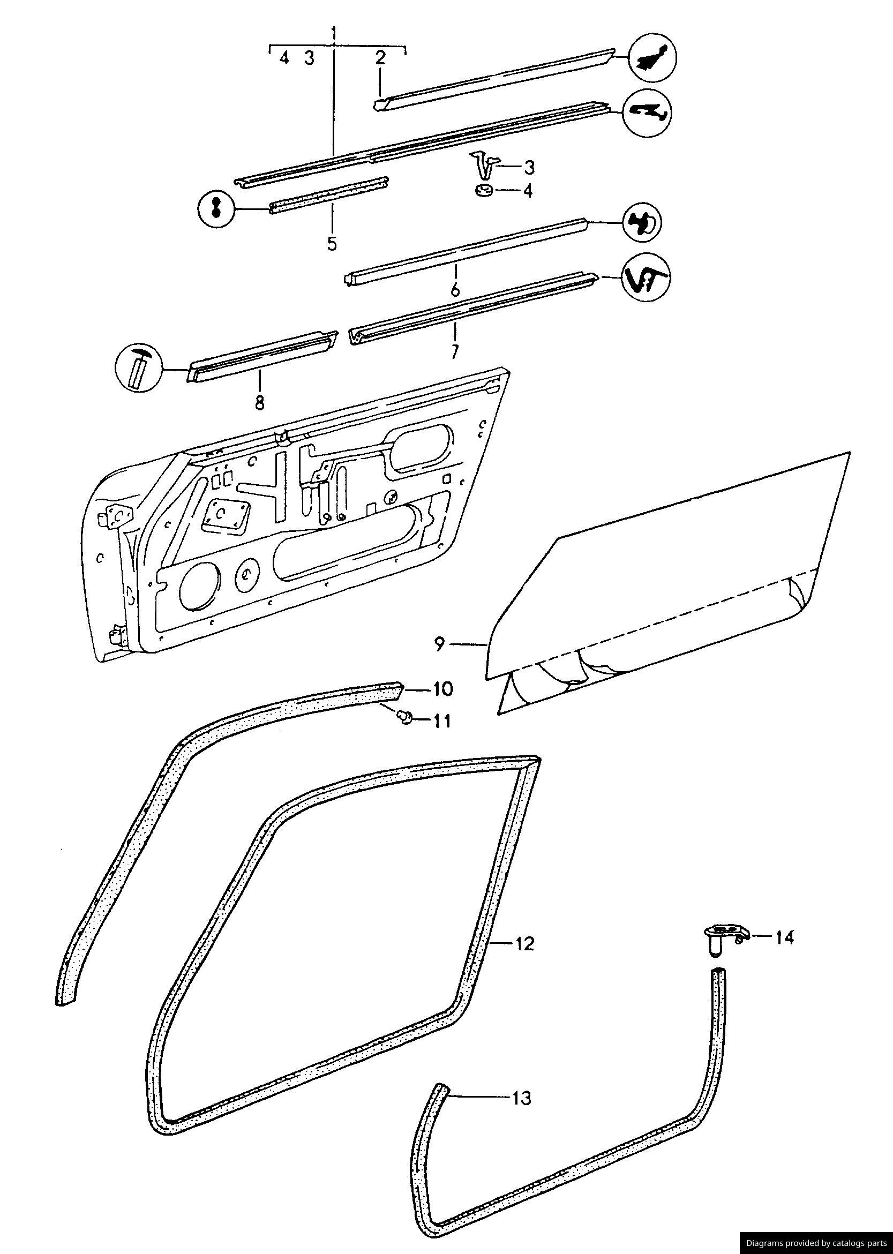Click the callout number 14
point(784,937)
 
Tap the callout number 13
point(522,1099)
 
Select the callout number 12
point(524,944)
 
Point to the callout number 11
point(439,720)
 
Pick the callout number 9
point(439,644)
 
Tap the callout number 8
point(259,402)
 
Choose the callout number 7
point(455,351)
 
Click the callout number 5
point(332,244)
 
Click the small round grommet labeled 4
point(483,191)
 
